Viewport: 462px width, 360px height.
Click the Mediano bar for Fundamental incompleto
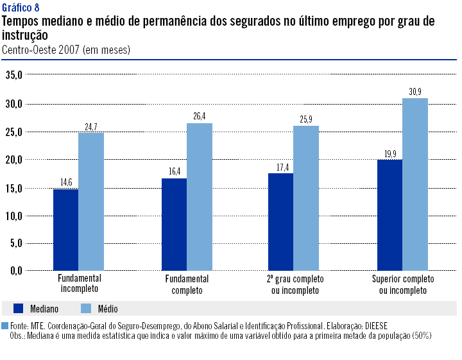pyautogui.click(x=65, y=229)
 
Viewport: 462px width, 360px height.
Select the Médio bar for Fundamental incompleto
pyautogui.click(x=90, y=201)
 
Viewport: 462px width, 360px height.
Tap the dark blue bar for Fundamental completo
pyautogui.click(x=174, y=224)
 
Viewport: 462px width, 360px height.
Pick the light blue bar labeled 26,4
pyautogui.click(x=199, y=196)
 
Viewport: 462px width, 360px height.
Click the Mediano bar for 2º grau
pyautogui.click(x=280, y=221)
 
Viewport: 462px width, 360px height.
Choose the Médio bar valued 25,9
pyautogui.click(x=305, y=198)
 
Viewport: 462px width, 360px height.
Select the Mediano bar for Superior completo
pyautogui.click(x=389, y=214)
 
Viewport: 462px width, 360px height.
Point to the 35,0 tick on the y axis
pyautogui.click(x=14, y=75)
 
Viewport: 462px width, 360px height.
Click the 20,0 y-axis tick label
pyautogui.click(x=14, y=159)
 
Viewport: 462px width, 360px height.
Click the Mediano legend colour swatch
pyautogui.click(x=19, y=308)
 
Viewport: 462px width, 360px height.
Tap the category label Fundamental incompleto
pyautogui.click(x=80, y=285)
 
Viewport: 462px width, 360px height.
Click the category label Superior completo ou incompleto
pyautogui.click(x=403, y=285)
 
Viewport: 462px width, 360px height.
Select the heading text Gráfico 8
pyautogui.click(x=20, y=8)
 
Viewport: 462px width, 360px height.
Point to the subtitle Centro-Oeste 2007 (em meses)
pyautogui.click(x=66, y=49)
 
